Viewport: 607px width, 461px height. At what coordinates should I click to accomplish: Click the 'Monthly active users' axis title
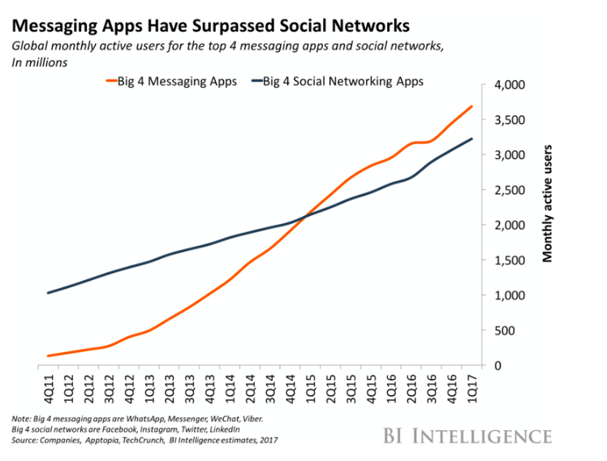[548, 204]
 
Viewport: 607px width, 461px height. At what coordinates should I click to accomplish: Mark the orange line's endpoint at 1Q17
[472, 106]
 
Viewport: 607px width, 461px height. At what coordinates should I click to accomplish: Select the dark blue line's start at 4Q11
[49, 293]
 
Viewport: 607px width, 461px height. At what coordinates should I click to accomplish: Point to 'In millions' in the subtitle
[39, 62]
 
